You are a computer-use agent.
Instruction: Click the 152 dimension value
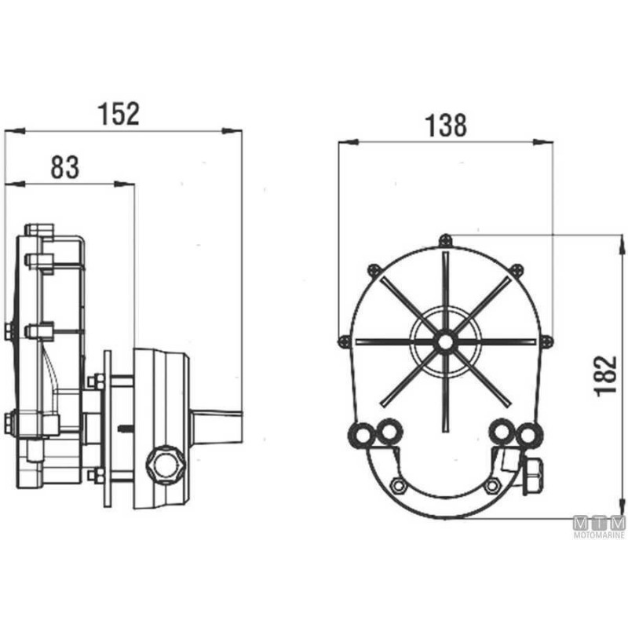[x=119, y=114]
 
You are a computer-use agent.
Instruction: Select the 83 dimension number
[x=65, y=167]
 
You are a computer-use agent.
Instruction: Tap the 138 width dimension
[x=446, y=125]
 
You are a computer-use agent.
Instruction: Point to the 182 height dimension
[x=605, y=376]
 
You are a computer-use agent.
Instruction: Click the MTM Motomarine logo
[x=599, y=527]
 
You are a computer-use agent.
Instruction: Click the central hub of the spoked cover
[x=445, y=342]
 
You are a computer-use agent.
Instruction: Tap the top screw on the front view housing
[x=445, y=240]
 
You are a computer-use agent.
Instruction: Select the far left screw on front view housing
[x=344, y=341]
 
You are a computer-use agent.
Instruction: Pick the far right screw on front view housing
[x=547, y=341]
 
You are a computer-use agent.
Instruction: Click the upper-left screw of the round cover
[x=374, y=270]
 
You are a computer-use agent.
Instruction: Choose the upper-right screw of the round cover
[x=517, y=269]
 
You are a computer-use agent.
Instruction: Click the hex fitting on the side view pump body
[x=165, y=465]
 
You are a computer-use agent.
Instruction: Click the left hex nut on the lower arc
[x=399, y=486]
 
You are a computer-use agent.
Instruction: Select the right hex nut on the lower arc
[x=492, y=486]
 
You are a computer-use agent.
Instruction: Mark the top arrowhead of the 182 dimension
[x=621, y=244]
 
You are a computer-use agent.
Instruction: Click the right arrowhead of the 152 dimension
[x=232, y=130]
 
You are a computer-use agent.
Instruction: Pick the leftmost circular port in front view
[x=362, y=434]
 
